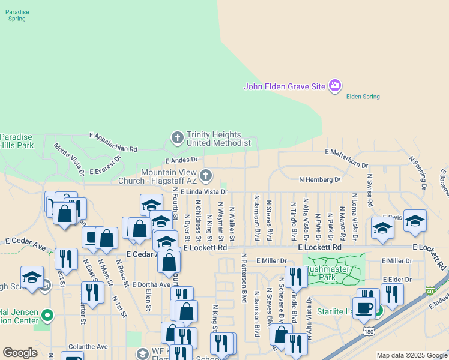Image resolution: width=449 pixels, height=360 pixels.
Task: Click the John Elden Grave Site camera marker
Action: tap(335, 86)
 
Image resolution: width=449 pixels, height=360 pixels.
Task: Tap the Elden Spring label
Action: tap(363, 97)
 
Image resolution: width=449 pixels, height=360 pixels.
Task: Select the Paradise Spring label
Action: tap(17, 15)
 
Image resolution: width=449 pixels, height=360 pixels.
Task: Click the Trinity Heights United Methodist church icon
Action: tap(177, 139)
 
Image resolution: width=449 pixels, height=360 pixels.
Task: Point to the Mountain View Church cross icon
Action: tap(206, 176)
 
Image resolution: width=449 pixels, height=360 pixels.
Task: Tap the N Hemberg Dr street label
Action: tap(320, 179)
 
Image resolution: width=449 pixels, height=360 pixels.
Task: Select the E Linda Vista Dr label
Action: tap(204, 191)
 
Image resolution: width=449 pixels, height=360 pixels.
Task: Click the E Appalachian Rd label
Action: tap(113, 142)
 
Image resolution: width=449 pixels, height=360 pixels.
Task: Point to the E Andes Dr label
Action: tap(181, 160)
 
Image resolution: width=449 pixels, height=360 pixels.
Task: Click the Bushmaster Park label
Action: tap(327, 273)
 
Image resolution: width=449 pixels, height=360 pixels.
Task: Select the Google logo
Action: tap(20, 353)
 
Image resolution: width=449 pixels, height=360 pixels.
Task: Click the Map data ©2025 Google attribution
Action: tap(412, 355)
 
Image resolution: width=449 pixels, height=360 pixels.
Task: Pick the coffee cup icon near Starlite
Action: tap(364, 307)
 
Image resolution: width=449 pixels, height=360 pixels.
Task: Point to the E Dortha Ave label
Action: tap(151, 284)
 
